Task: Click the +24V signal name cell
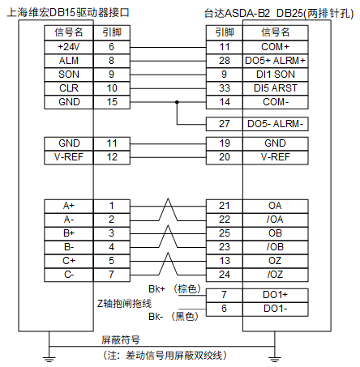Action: [x=69, y=47]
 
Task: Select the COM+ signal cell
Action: [x=276, y=47]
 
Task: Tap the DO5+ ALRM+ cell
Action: [x=276, y=61]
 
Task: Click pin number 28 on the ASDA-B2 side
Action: [x=225, y=61]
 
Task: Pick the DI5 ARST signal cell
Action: [x=276, y=88]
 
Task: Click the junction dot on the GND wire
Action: [x=177, y=102]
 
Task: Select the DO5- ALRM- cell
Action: [x=276, y=124]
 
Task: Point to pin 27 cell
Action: [x=225, y=124]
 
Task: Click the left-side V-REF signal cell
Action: [x=69, y=157]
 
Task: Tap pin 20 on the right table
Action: [x=225, y=157]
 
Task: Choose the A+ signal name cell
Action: [x=69, y=207]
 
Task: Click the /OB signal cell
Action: [x=276, y=247]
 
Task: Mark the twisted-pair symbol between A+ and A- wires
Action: [x=168, y=210]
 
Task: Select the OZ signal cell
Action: [x=276, y=261]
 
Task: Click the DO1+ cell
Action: [x=276, y=295]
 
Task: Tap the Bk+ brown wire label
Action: [x=174, y=289]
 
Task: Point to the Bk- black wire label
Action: [x=174, y=317]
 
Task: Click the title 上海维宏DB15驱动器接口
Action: [x=68, y=12]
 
